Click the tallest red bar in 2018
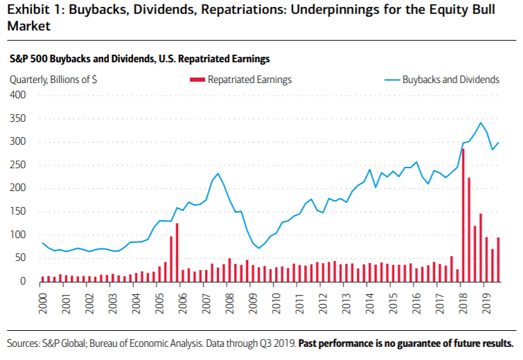[463, 215]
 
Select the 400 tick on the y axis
[18, 95]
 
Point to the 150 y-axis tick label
[18, 211]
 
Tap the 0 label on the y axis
[23, 281]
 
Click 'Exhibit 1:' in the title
[33, 10]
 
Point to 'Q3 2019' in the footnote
[278, 343]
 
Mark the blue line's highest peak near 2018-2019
[481, 123]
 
